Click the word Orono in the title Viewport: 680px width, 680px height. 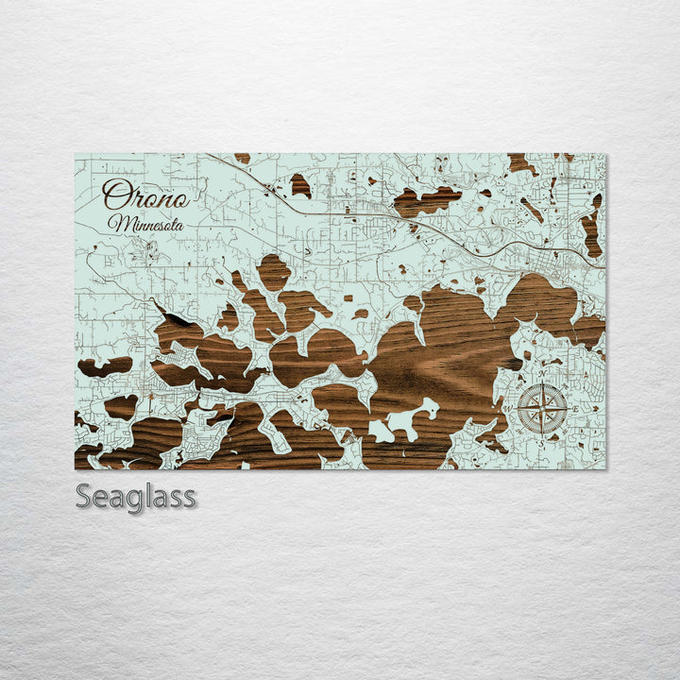[145, 195]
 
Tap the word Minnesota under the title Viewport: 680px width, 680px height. [145, 224]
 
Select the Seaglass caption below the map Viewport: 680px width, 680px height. [136, 496]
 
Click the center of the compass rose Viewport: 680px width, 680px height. [543, 408]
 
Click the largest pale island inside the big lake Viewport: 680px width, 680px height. [406, 421]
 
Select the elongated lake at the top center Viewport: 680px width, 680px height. [426, 200]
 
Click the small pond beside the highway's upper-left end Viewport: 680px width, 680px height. [300, 185]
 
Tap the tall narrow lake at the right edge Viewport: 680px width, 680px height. [591, 229]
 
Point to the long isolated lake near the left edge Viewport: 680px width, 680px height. [104, 366]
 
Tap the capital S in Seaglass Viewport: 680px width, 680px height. [84, 496]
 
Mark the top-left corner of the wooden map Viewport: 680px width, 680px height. [76, 154]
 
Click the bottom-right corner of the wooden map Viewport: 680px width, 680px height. [605, 468]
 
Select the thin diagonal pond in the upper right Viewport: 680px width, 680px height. [532, 210]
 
